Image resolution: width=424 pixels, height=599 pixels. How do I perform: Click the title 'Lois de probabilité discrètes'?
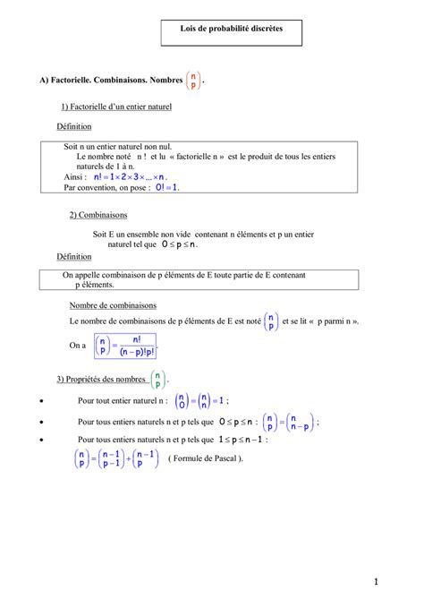(x=231, y=30)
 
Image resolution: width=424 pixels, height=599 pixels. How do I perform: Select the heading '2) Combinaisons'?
(x=98, y=215)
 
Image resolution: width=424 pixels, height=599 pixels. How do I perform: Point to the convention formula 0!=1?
(x=166, y=188)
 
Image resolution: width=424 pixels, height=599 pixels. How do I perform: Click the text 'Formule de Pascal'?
(x=206, y=458)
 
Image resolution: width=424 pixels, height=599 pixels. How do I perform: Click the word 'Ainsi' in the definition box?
(x=75, y=177)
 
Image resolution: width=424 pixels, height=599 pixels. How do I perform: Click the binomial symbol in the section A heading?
(x=193, y=81)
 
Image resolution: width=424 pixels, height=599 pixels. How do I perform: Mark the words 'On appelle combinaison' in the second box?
(x=103, y=276)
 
